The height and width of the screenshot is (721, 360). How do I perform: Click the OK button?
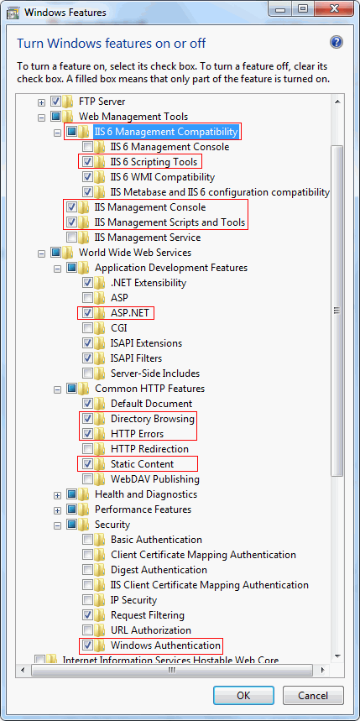243,695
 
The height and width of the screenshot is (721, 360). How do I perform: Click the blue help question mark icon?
337,43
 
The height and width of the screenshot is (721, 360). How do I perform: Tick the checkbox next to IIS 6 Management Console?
87,147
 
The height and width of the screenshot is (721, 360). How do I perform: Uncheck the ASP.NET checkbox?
87,313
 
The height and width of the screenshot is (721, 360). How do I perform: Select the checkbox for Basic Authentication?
87,540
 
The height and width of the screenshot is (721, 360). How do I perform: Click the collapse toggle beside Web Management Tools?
41,118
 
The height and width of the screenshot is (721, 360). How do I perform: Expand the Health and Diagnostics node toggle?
57,494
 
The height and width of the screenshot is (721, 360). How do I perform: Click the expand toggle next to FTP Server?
41,102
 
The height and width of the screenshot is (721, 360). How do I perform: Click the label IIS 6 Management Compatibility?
166,132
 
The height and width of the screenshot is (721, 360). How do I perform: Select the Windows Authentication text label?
165,645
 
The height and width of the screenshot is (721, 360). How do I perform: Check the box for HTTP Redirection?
87,449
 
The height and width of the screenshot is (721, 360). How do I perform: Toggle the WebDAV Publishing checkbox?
87,479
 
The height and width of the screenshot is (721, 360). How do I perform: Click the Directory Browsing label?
153,419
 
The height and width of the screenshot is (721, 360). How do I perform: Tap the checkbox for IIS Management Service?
71,238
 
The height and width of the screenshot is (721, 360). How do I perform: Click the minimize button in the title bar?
280,10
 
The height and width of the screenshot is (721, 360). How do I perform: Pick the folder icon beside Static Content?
99,464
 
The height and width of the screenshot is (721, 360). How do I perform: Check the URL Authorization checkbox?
87,630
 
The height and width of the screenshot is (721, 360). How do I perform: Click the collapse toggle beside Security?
57,525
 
